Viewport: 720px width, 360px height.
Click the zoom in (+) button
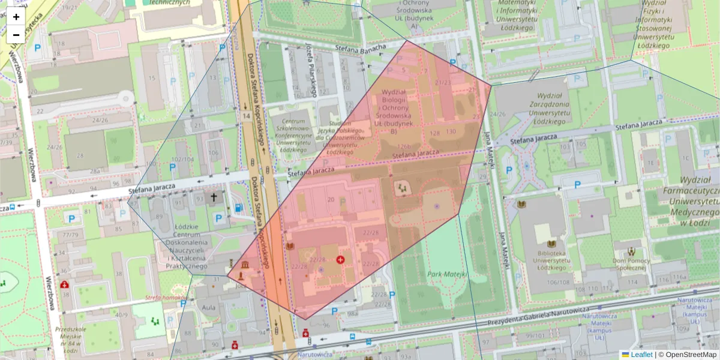(16, 17)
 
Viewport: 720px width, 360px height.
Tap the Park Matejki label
(446, 274)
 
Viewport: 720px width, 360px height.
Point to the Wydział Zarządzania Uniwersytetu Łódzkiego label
(532, 108)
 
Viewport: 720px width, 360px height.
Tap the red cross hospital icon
(341, 259)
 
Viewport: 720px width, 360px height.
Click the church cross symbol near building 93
(214, 197)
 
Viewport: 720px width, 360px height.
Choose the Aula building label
(209, 307)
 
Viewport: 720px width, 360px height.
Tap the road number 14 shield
(246, 116)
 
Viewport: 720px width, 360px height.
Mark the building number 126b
(405, 146)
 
